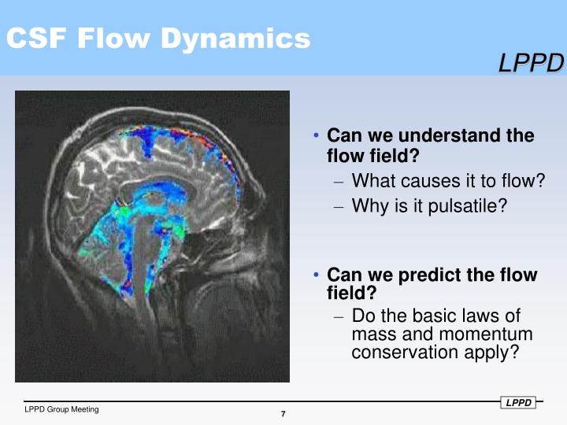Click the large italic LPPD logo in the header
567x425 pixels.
pos(531,64)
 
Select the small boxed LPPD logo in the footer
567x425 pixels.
pos(519,403)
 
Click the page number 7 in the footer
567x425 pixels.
pos(283,415)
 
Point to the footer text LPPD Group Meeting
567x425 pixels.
pos(61,409)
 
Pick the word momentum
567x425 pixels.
pos(466,334)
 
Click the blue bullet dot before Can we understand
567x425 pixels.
pos(317,135)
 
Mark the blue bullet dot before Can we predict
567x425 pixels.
pos(317,275)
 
